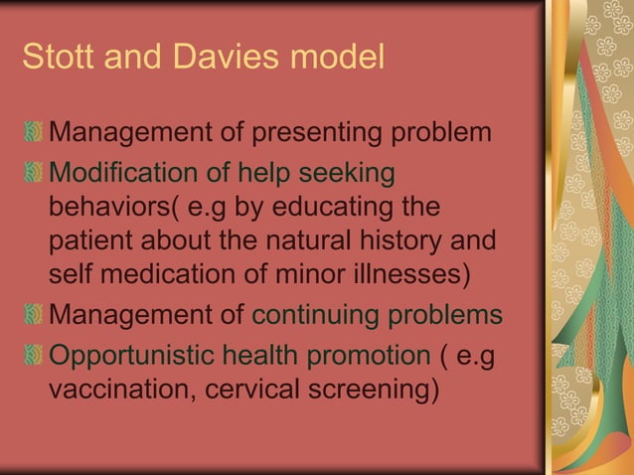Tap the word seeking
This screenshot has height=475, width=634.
point(347,174)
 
